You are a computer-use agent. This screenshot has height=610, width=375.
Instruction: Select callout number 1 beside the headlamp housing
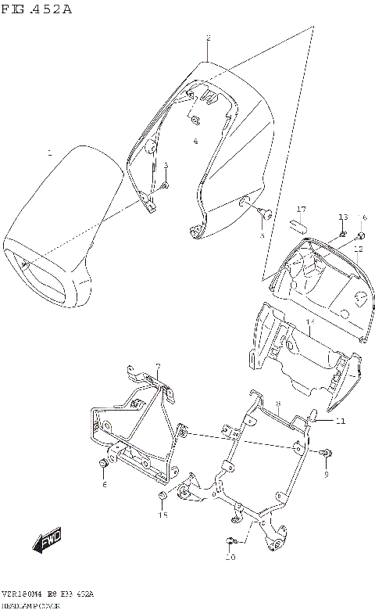point(49,152)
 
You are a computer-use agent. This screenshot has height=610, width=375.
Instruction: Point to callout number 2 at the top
point(208,38)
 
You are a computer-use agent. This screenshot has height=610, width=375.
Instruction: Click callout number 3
point(166,165)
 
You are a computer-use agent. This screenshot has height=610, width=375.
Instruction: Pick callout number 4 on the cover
point(195,142)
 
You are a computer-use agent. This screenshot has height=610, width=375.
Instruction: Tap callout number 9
point(327,474)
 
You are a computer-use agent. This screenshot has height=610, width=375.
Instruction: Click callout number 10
point(230,558)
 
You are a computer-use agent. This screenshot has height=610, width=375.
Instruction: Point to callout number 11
point(340,422)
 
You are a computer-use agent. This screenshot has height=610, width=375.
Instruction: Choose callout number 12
point(358,249)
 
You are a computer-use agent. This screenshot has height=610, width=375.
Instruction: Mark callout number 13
point(342,217)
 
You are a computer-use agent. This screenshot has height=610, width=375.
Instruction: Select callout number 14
point(309,322)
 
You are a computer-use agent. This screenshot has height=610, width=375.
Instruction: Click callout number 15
point(163,515)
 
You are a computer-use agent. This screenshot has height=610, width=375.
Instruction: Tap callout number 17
point(301,210)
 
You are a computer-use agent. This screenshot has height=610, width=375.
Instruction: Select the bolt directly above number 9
point(326,453)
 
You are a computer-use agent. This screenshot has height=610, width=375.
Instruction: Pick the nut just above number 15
point(162,497)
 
